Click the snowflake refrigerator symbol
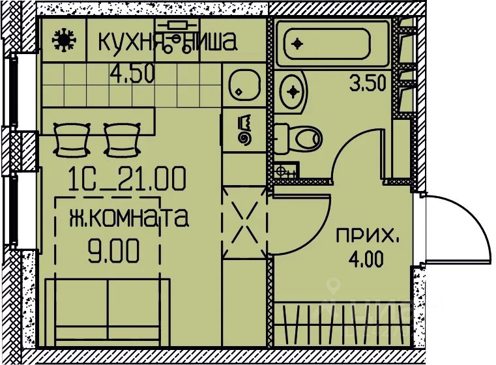pyautogui.click(x=64, y=39)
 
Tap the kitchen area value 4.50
pyautogui.click(x=132, y=73)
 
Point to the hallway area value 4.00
pyautogui.click(x=366, y=258)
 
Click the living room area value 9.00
pyautogui.click(x=113, y=251)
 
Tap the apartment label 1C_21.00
pyautogui.click(x=126, y=179)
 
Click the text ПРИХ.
pyautogui.click(x=367, y=236)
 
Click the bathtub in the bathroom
pyautogui.click(x=332, y=43)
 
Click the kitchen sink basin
pyautogui.click(x=244, y=85)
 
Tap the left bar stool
pyautogui.click(x=71, y=139)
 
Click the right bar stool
pyautogui.click(x=122, y=139)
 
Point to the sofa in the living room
pyautogui.click(x=108, y=312)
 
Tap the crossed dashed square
pyautogui.click(x=245, y=222)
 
